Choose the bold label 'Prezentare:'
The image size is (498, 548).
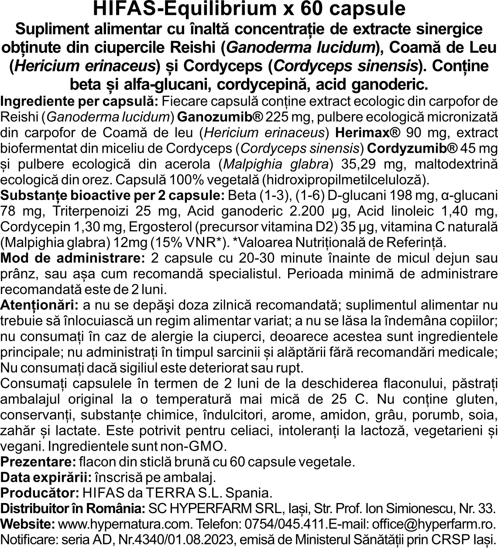coord(39,462)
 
